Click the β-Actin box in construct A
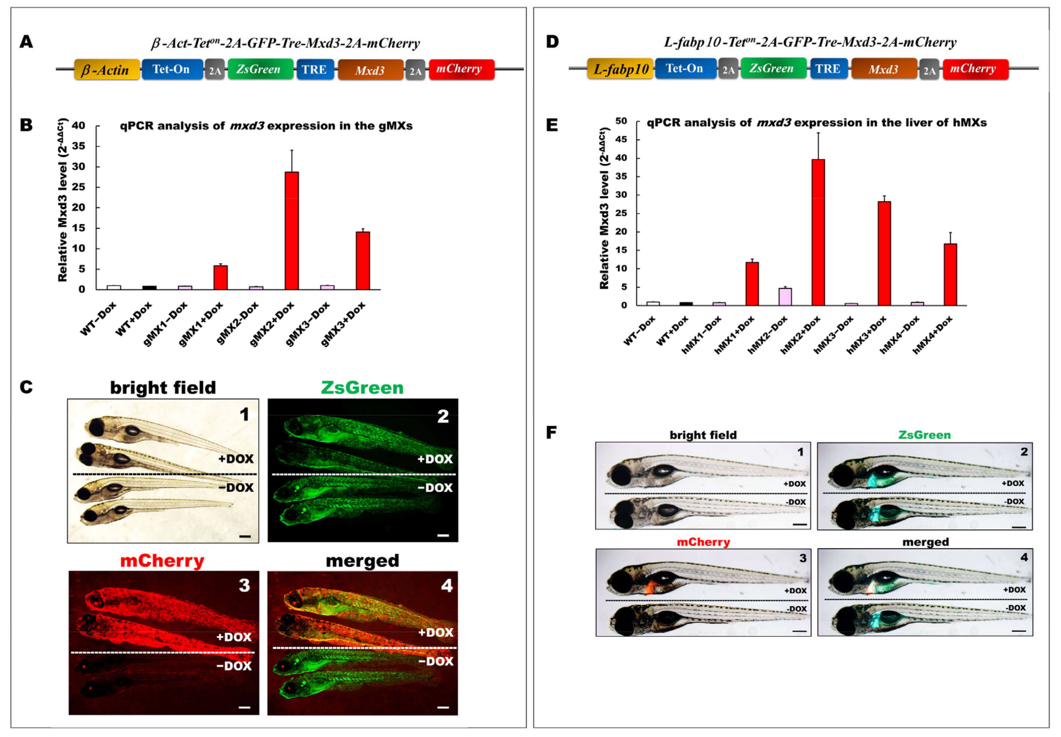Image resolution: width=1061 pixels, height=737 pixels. click(x=107, y=70)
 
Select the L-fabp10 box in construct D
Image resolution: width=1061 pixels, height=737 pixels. click(x=620, y=69)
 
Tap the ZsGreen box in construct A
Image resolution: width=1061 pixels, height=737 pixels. click(x=260, y=69)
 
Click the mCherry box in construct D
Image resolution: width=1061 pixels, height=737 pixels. click(x=975, y=69)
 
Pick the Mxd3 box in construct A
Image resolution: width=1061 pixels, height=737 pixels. click(x=370, y=70)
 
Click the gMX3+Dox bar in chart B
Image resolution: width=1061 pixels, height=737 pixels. click(x=363, y=261)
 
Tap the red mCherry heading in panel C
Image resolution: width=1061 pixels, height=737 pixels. click(x=162, y=561)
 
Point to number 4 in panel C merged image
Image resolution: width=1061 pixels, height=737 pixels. click(x=446, y=586)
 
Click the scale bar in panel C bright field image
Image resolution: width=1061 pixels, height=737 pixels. click(x=245, y=536)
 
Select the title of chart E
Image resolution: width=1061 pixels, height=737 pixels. click(x=816, y=123)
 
